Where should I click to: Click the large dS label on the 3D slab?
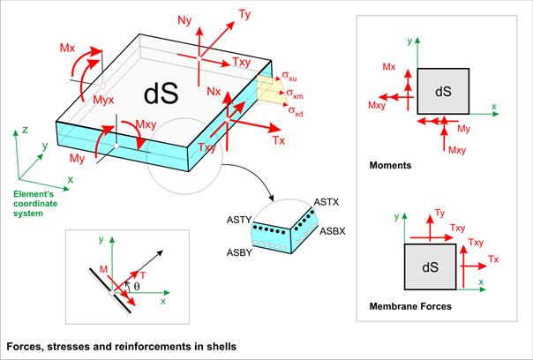[161, 94]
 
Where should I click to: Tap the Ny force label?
[184, 21]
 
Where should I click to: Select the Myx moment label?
[103, 100]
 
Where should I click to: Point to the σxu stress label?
[289, 76]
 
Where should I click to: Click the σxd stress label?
[296, 111]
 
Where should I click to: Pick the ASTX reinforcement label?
[327, 202]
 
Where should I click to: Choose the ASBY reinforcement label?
[239, 252]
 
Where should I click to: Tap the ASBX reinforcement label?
[333, 231]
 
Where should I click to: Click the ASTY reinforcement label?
[239, 220]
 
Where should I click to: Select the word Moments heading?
[390, 166]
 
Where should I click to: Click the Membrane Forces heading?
[410, 306]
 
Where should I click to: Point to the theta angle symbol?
[137, 286]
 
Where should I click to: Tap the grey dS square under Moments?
[443, 91]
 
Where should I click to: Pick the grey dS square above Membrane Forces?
[430, 266]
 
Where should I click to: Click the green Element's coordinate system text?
[35, 204]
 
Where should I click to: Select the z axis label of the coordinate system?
[25, 130]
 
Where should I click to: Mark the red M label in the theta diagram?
[103, 270]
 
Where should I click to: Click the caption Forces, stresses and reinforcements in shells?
[122, 347]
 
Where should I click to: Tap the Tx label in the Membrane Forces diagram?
[493, 259]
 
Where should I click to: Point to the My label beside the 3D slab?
[77, 159]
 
